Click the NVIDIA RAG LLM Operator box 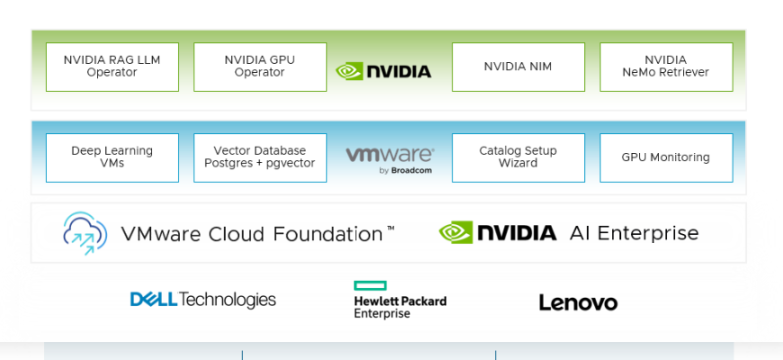point(112,67)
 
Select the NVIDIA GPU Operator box point(260,67)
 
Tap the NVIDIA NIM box point(517,67)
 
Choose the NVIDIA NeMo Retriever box point(666,67)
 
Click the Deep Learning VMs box point(112,157)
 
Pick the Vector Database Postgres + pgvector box point(260,157)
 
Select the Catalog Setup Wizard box point(517,157)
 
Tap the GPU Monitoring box point(666,157)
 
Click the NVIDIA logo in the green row point(383,71)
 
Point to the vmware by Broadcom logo point(390,158)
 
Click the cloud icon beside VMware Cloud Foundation point(85,233)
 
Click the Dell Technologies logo point(203,300)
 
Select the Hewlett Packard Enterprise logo point(400,301)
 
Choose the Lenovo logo point(578,302)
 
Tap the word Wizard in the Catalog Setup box point(518,164)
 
